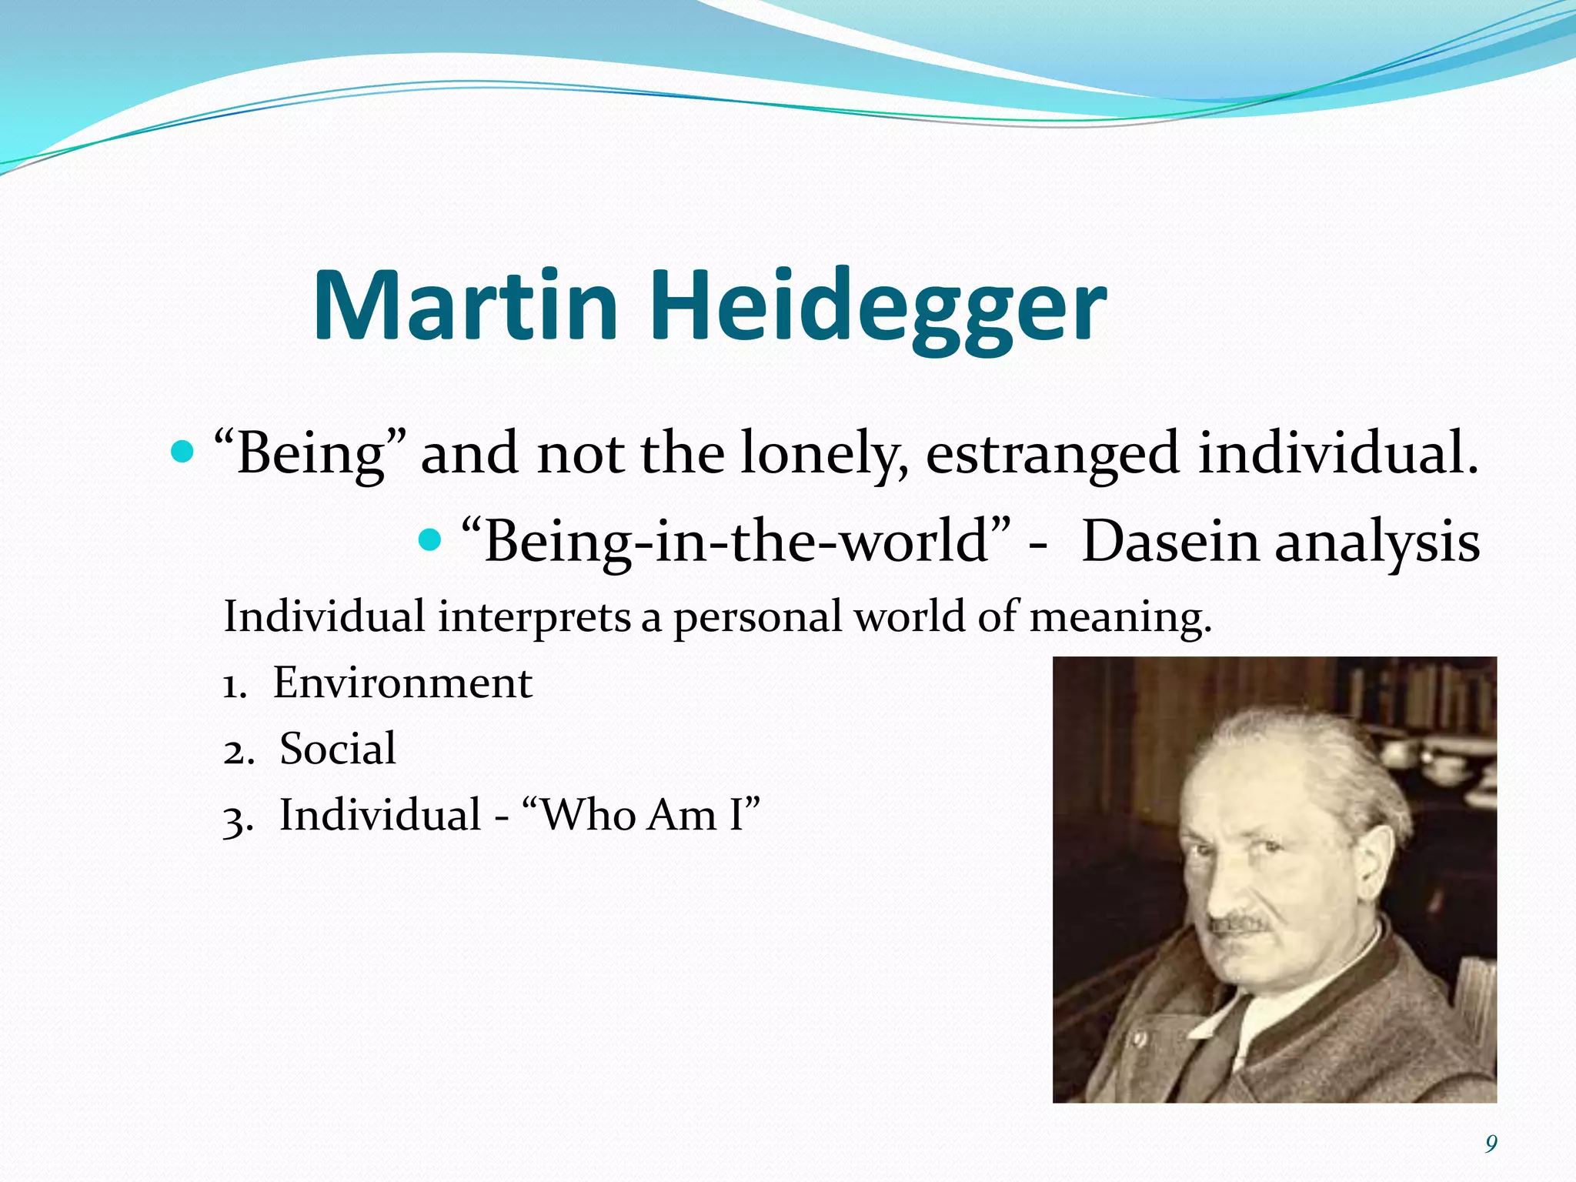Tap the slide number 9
(1491, 1144)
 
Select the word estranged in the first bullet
(1052, 454)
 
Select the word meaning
(1120, 617)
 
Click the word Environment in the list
(402, 683)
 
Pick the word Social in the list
(338, 749)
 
